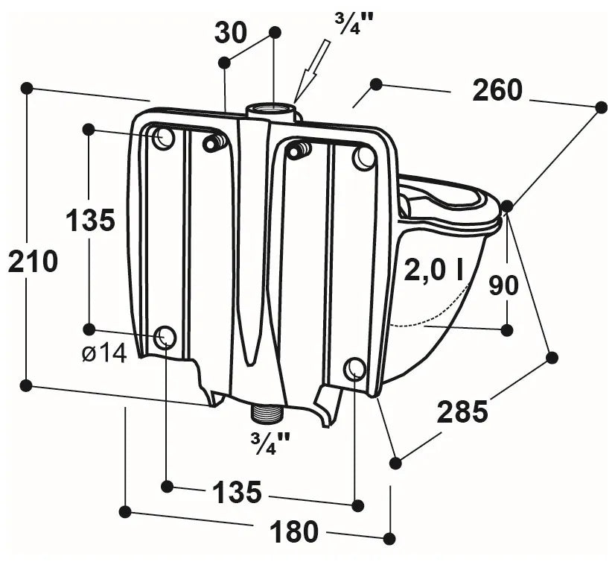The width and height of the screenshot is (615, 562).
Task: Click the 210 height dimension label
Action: pos(33,261)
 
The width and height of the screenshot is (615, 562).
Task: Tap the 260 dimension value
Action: pos(497,90)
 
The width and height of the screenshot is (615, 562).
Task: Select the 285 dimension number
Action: pos(462,411)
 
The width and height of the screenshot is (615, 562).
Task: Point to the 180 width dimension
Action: pos(293,531)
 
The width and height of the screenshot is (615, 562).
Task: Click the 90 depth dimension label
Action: pos(503,285)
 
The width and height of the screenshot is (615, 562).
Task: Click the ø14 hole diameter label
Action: pos(105,355)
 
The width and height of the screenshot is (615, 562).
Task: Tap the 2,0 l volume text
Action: pos(434,271)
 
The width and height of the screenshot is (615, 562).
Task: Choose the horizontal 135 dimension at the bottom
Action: pos(237,492)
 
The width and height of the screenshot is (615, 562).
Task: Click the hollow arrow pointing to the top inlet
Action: pos(312,70)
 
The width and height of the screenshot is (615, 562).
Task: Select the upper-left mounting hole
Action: pos(164,138)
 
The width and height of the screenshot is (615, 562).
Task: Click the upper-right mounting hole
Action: pos(364,157)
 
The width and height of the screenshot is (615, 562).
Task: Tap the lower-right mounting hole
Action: pos(355,369)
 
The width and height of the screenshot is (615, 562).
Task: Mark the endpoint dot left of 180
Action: pos(125,512)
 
